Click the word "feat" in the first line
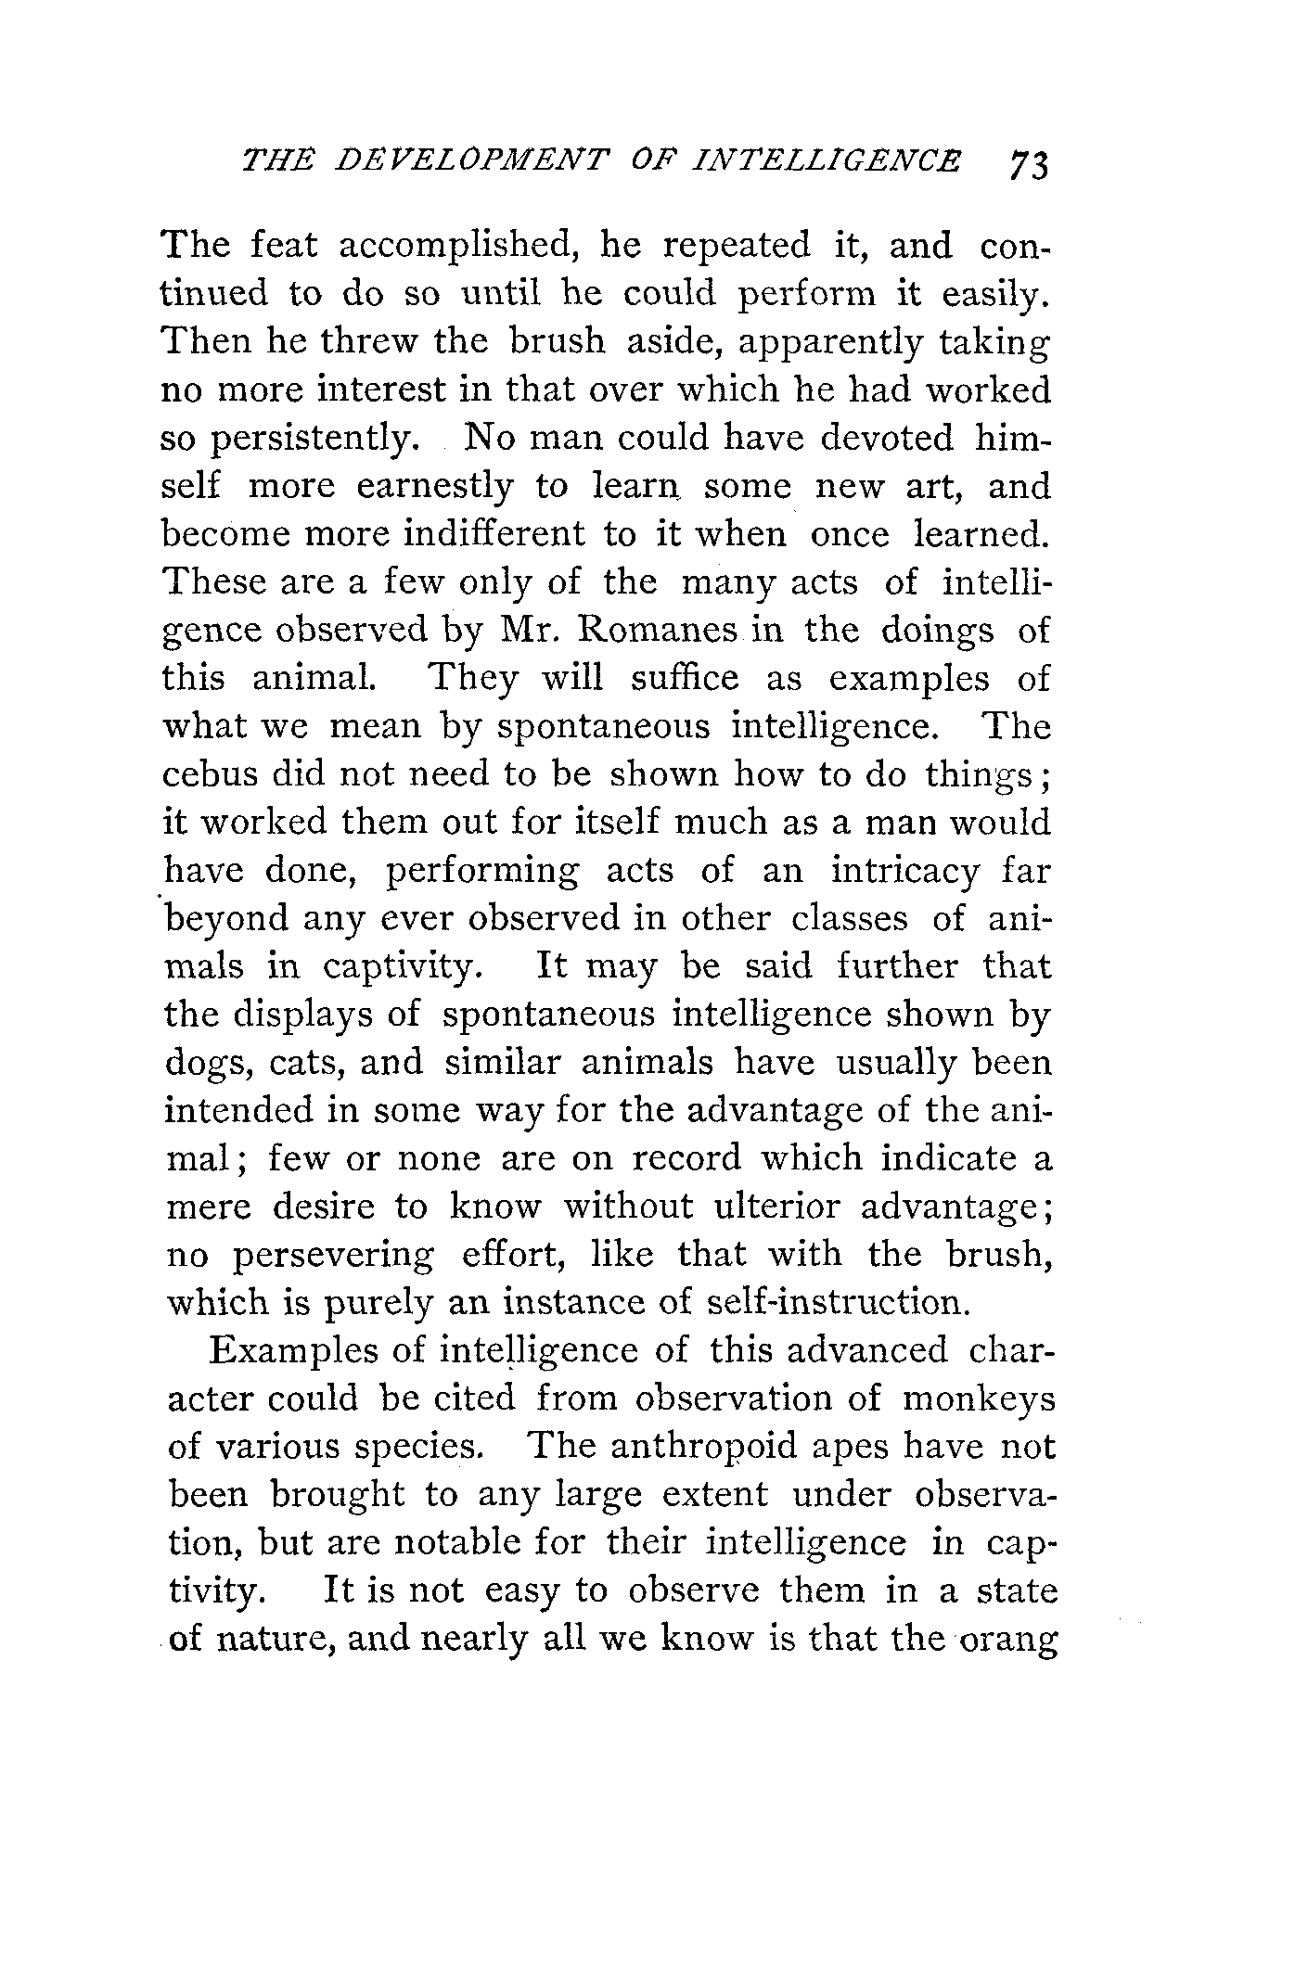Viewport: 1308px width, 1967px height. [285, 246]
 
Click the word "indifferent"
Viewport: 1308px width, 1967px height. [494, 535]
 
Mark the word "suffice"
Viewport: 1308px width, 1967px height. [685, 679]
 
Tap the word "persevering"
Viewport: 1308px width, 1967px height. [331, 1257]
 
